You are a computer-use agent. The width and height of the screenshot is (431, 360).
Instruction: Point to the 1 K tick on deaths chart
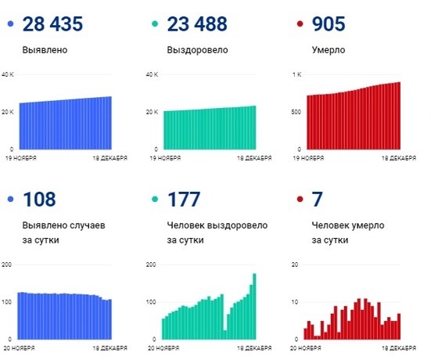point(296,75)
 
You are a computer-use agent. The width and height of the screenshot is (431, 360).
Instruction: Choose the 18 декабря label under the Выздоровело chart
point(256,158)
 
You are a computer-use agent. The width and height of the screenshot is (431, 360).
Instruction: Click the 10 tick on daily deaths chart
point(295,302)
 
